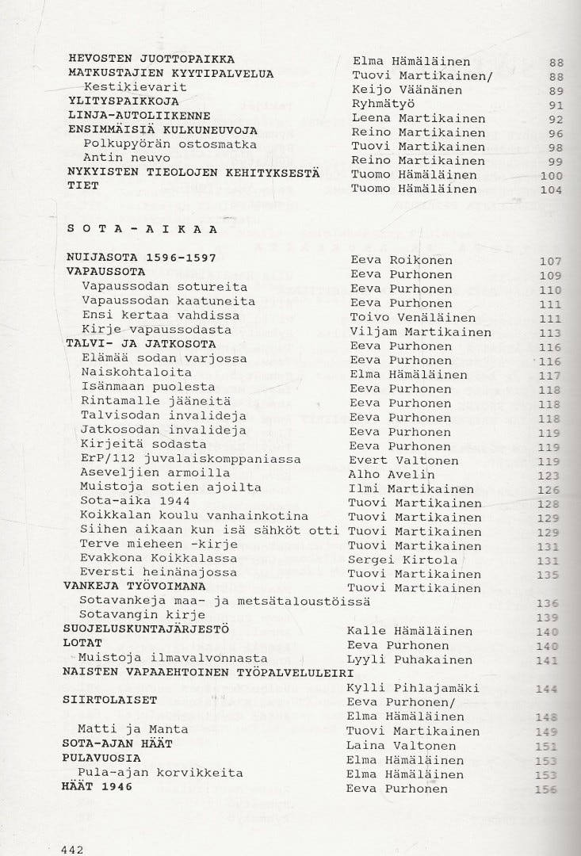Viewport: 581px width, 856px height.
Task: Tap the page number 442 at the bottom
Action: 72,849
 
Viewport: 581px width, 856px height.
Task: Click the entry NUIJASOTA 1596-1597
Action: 140,260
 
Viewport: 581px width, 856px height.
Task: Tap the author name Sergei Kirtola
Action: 403,560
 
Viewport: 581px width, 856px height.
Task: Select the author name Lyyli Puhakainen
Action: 410,659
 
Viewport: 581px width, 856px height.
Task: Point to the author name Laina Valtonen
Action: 401,746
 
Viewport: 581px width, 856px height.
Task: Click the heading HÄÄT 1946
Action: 98,788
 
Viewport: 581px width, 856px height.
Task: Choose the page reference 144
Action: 547,688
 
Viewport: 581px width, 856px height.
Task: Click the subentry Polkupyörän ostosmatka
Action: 170,146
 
